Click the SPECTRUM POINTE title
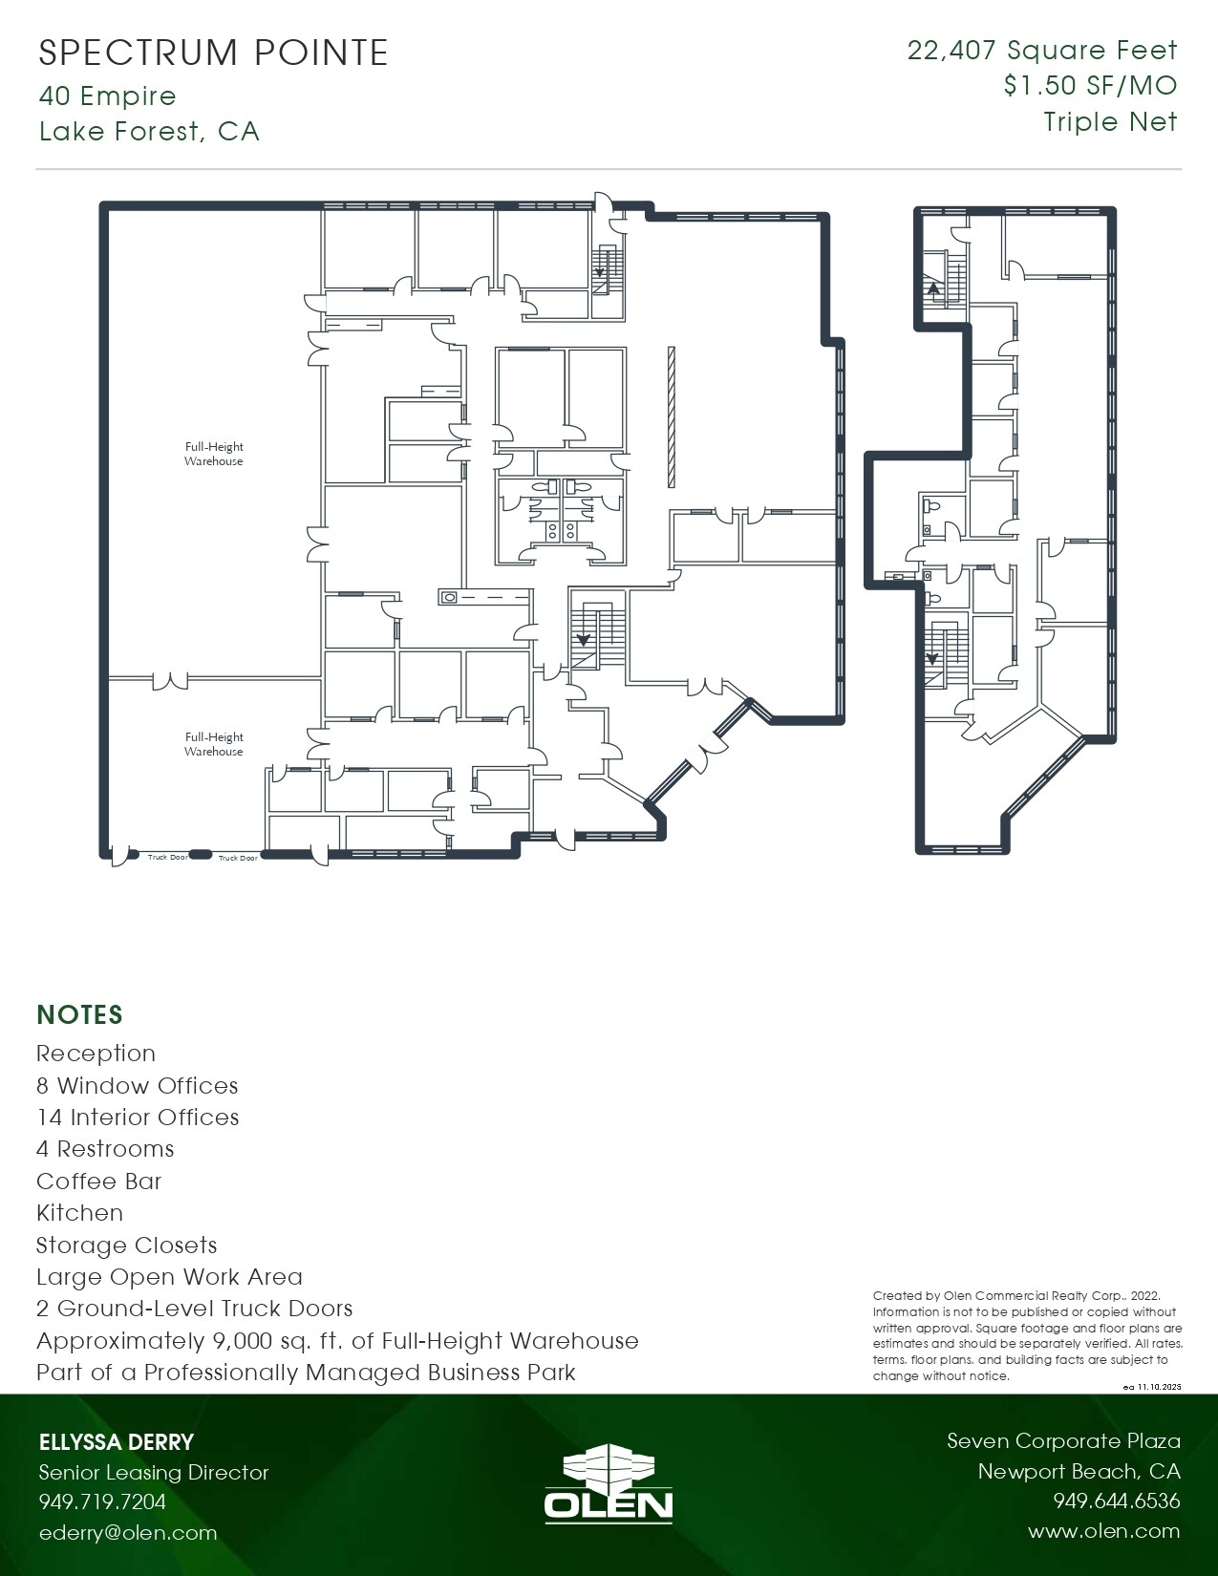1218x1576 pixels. point(213,53)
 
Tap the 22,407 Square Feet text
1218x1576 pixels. point(1041,51)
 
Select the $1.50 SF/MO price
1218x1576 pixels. point(1089,86)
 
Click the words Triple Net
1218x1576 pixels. point(1109,122)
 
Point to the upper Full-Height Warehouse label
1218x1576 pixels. point(214,454)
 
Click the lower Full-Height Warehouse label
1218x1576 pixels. point(214,744)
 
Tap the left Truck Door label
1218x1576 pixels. point(167,858)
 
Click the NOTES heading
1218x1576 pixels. point(79,1014)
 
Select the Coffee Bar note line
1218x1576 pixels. point(99,1182)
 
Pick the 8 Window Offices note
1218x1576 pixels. point(138,1086)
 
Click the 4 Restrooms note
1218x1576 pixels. point(105,1149)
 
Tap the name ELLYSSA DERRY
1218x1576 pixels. point(117,1442)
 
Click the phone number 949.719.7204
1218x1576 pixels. point(102,1501)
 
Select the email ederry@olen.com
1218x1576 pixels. point(128,1533)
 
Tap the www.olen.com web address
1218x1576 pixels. point(1103,1531)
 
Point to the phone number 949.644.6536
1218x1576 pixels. point(1116,1501)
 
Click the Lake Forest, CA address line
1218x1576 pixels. point(149,131)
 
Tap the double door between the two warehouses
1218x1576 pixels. point(169,681)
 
